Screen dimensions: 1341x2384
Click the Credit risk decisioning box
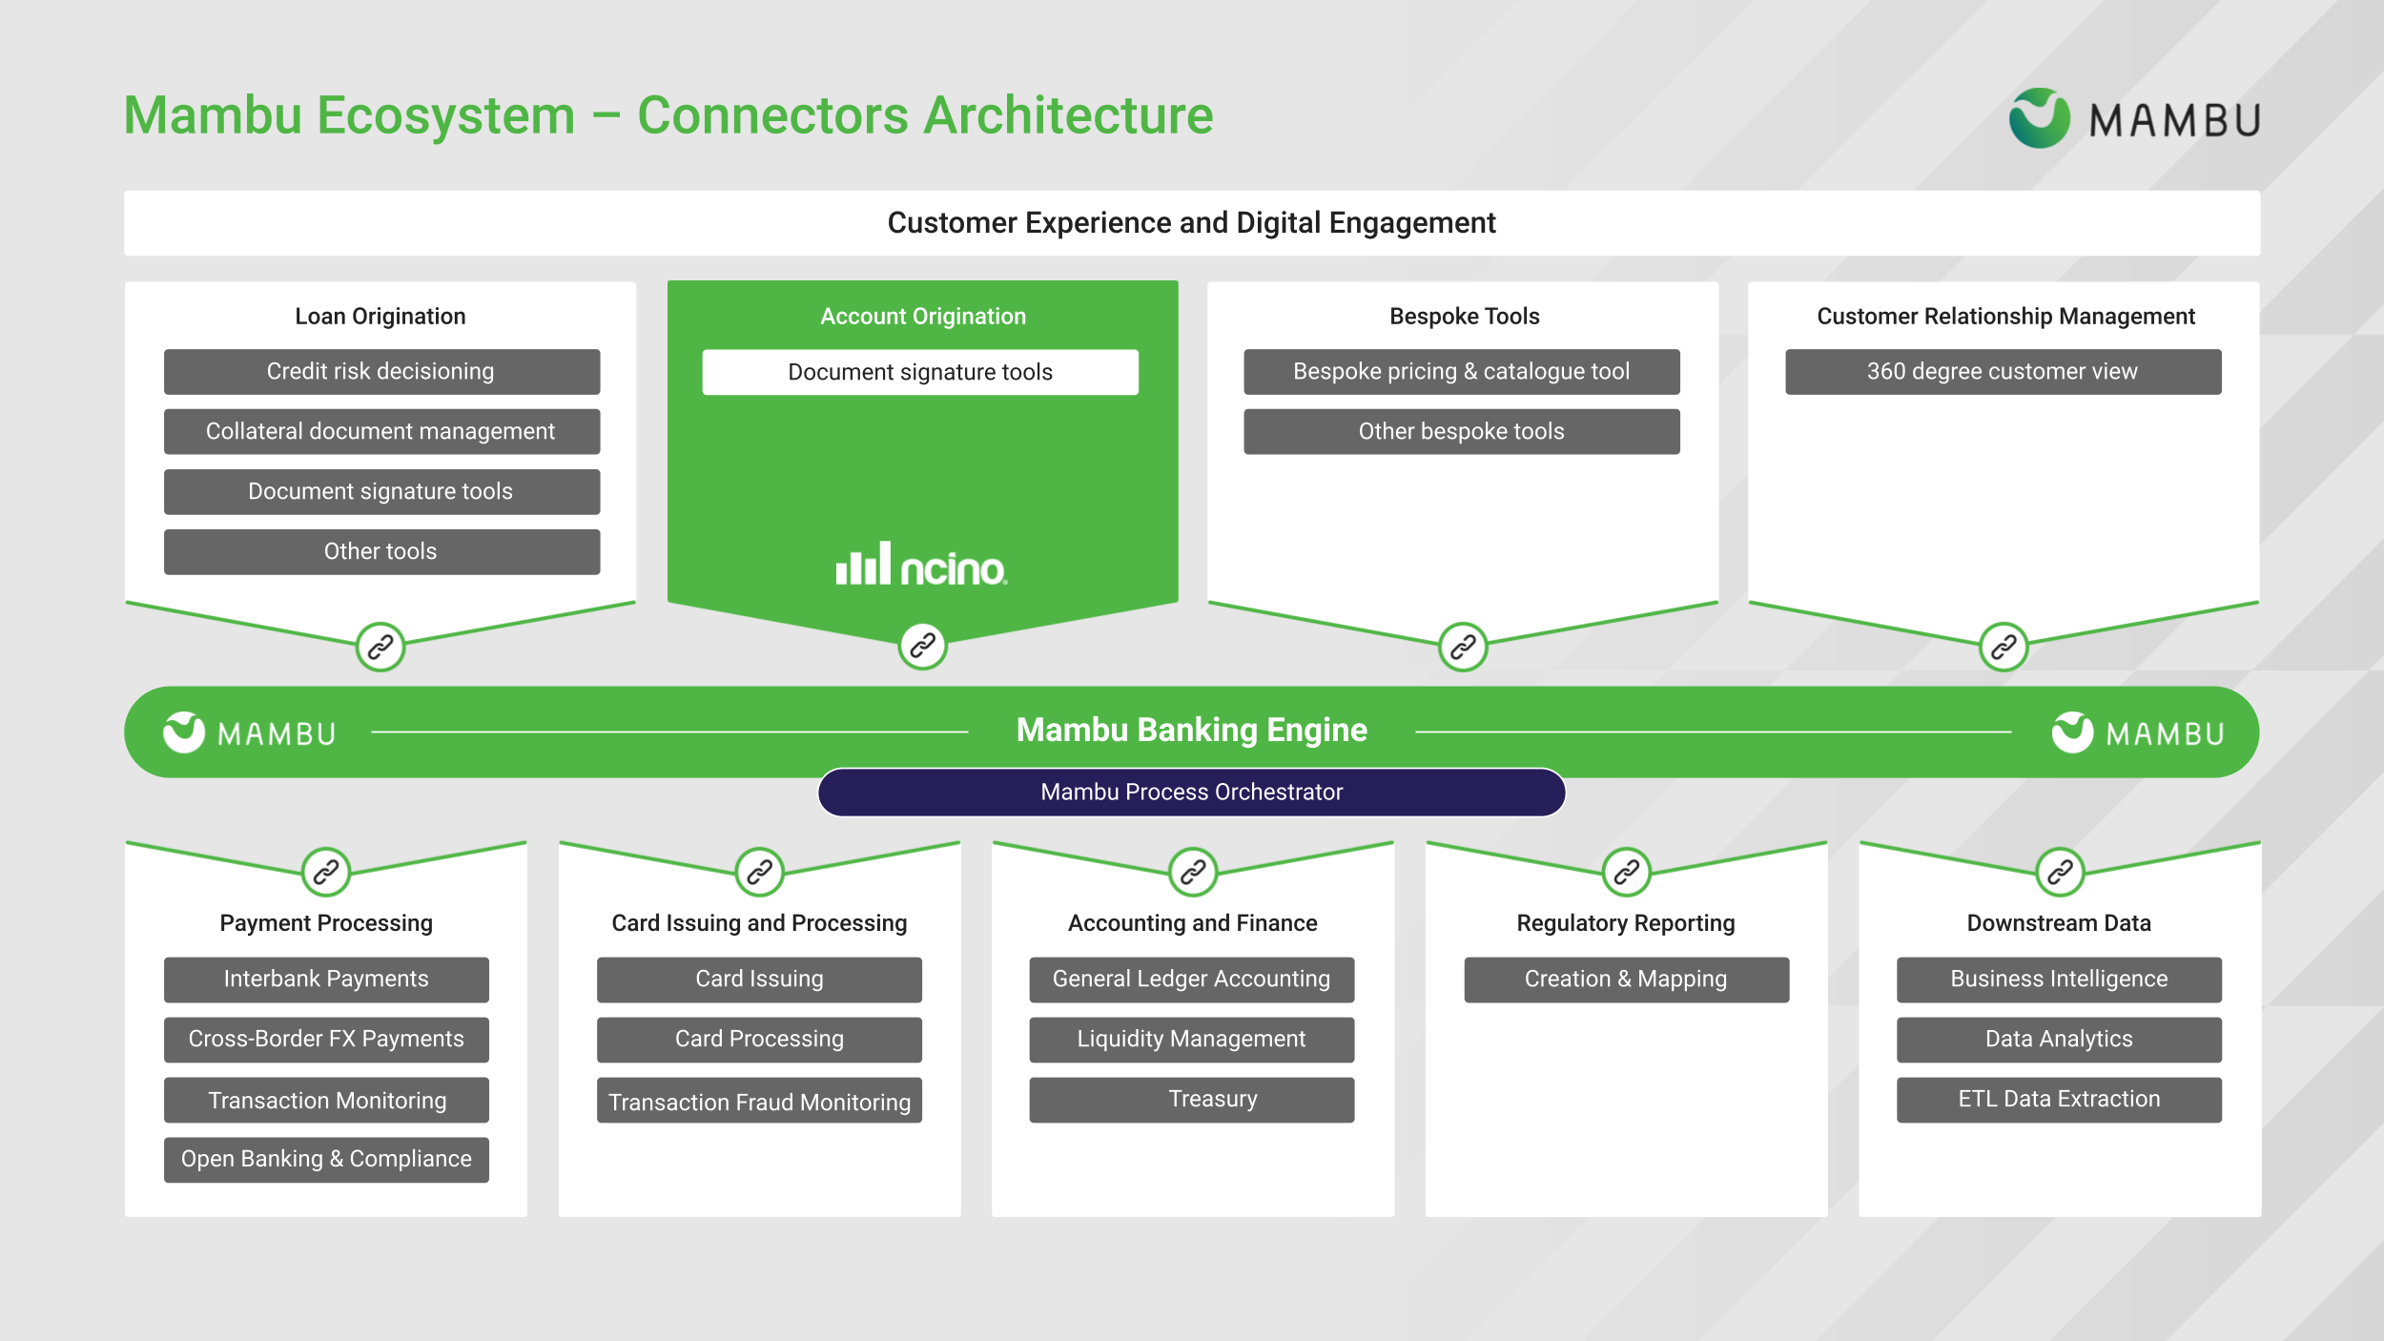[381, 372]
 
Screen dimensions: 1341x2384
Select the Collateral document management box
[381, 432]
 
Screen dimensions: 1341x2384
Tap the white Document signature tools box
[920, 372]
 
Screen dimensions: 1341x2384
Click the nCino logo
[921, 565]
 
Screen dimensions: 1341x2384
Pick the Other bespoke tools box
[1461, 432]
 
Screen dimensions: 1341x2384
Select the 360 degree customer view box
[2003, 372]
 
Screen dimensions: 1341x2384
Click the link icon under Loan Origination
[380, 648]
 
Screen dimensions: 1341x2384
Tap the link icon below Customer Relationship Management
[2004, 648]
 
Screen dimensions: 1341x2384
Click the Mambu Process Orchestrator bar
[1191, 793]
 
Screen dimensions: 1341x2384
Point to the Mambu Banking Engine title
[1191, 731]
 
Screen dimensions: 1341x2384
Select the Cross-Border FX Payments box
[326, 1040]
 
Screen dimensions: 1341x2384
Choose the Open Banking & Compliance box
[326, 1160]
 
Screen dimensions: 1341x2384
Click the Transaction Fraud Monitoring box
[759, 1102]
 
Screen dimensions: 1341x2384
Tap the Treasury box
[1191, 1100]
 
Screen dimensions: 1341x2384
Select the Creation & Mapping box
[1626, 980]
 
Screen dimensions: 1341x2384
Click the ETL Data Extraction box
[2059, 1100]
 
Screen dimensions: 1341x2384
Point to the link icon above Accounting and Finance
[1193, 872]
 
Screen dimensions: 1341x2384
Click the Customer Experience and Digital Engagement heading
[1191, 223]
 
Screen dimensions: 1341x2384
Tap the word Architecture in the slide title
[1068, 116]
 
